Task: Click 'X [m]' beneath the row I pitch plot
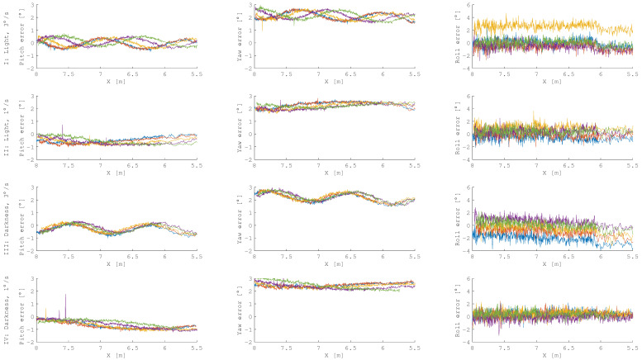(x=116, y=82)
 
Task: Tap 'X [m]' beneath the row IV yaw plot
(x=335, y=355)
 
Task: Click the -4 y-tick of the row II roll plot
(x=465, y=159)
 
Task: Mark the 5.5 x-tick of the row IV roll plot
(x=631, y=348)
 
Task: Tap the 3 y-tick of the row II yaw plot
(x=250, y=97)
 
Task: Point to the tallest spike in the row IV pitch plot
(x=65, y=296)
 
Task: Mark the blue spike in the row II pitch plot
(x=62, y=126)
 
